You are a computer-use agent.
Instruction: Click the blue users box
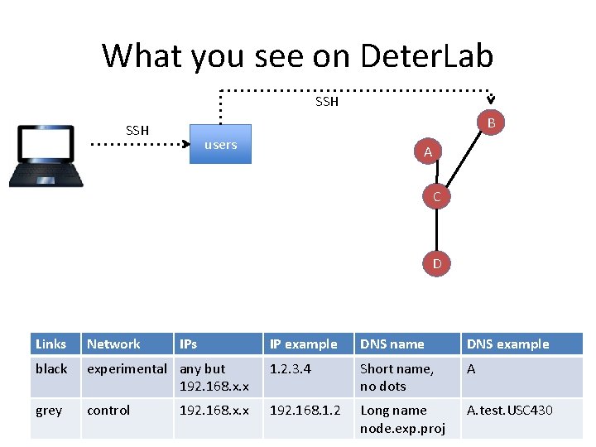point(220,145)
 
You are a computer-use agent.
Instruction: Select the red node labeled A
point(427,152)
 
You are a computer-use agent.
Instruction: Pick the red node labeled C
point(436,197)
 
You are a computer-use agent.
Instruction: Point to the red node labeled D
point(436,264)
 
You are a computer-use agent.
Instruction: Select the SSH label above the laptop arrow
point(137,130)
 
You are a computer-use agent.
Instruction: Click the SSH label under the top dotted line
point(327,102)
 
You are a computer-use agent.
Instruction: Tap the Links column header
point(51,344)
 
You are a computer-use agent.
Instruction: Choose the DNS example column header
point(507,344)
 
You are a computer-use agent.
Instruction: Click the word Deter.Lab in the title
point(427,55)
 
